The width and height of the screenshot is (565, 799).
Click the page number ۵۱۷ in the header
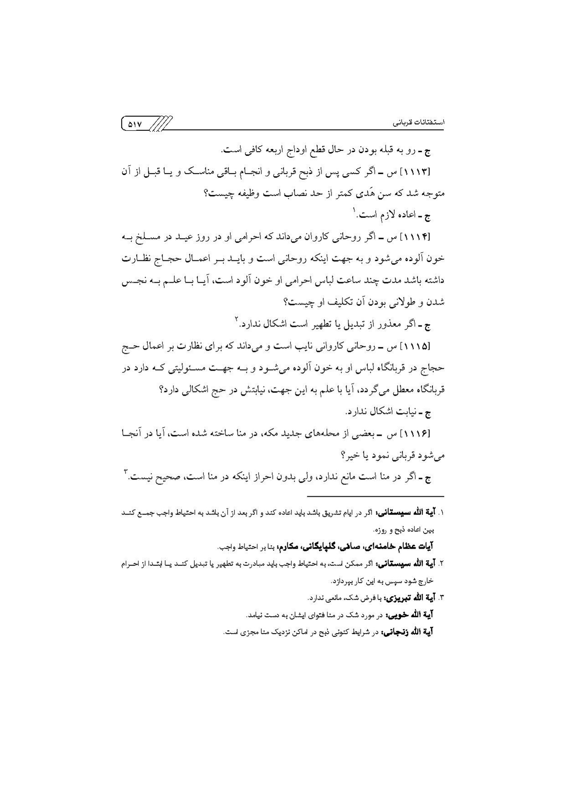pos(135,123)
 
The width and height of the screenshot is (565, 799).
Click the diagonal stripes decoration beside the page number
pos(161,123)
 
